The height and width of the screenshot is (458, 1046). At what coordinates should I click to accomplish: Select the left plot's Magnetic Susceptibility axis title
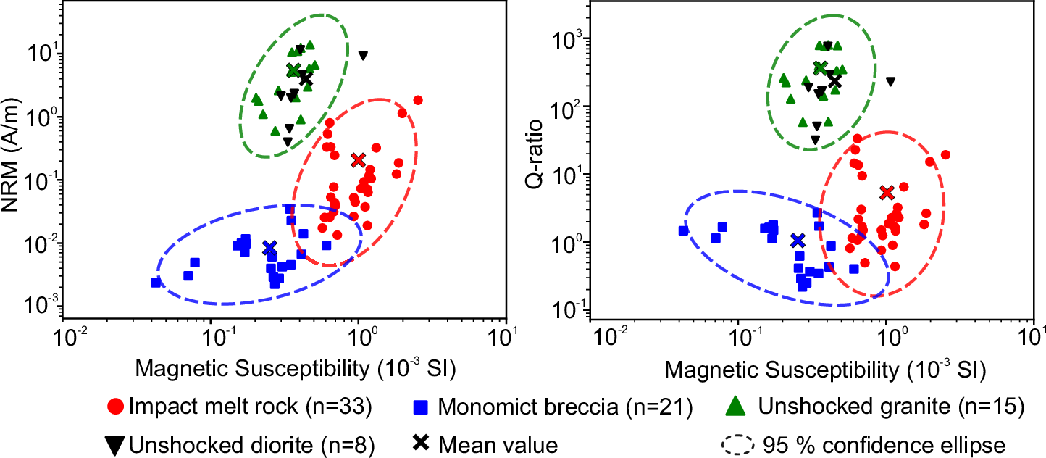283,370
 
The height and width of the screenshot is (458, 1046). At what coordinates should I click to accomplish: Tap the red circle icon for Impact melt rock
114,407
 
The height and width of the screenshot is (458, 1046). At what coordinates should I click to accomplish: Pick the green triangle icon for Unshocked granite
735,407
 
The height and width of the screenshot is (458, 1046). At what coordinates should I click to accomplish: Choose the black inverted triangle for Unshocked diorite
114,444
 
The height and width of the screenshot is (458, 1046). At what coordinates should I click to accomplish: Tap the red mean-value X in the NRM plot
358,159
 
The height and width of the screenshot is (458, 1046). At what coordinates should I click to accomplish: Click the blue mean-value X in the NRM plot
269,248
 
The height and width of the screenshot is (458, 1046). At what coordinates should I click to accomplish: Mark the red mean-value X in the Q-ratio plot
887,192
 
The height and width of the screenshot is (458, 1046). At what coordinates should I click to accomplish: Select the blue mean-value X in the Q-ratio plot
798,240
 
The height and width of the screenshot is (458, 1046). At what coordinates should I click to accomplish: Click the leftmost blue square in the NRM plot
156,282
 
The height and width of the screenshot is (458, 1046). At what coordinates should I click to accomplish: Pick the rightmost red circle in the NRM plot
418,100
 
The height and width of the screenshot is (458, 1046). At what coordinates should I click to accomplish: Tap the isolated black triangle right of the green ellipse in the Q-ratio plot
890,81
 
